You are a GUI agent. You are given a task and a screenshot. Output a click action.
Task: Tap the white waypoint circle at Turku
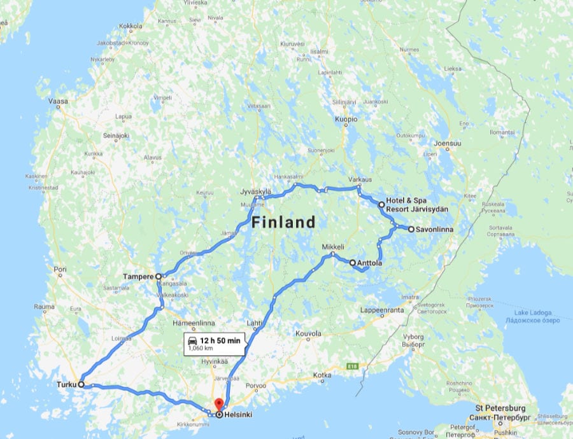81,384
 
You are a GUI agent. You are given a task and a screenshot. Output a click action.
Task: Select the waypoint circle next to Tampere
158,277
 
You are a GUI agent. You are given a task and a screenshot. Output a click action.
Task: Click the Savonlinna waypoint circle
411,229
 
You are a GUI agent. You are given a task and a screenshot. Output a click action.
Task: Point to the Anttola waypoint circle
353,262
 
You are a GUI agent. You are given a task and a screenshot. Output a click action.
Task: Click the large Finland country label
283,222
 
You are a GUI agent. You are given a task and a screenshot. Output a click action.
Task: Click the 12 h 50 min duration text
220,341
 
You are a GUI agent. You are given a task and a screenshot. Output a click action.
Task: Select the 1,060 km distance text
201,348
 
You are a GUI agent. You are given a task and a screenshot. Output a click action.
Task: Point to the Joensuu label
448,143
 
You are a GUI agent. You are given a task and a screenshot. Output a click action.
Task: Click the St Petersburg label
500,407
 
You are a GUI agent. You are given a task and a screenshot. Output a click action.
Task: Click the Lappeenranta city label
383,311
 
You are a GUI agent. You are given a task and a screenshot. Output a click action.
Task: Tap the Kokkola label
130,26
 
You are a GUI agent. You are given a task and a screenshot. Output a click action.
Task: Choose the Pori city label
60,269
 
